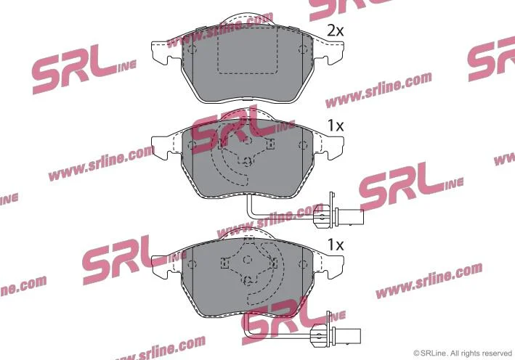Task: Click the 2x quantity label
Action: click(336, 31)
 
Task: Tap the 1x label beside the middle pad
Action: click(336, 126)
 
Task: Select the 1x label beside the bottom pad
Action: click(336, 245)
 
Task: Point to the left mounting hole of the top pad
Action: click(192, 50)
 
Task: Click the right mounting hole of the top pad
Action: click(302, 50)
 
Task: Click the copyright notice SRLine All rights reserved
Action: click(463, 353)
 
